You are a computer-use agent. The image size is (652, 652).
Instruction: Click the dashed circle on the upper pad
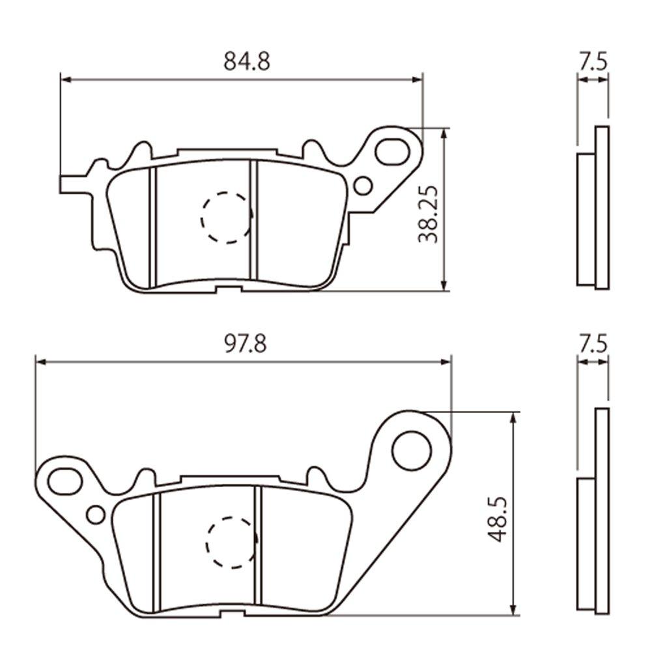click(x=226, y=218)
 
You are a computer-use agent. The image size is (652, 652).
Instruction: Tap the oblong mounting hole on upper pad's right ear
click(x=392, y=150)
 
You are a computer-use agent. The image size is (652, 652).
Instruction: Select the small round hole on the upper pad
click(x=364, y=186)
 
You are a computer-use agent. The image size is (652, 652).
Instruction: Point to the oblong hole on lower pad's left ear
click(x=64, y=483)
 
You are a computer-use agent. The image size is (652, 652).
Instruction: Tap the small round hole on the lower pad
click(x=96, y=515)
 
